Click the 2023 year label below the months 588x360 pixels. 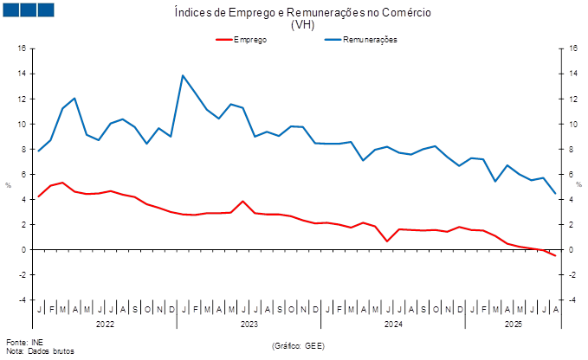click(249, 324)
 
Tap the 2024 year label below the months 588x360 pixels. click(393, 324)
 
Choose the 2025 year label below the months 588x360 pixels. click(514, 324)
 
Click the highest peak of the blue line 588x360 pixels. click(183, 75)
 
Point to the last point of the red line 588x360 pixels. click(555, 256)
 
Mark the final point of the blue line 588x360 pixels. click(555, 194)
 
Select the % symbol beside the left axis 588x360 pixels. click(8, 185)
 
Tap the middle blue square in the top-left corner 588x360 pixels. click(28, 10)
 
